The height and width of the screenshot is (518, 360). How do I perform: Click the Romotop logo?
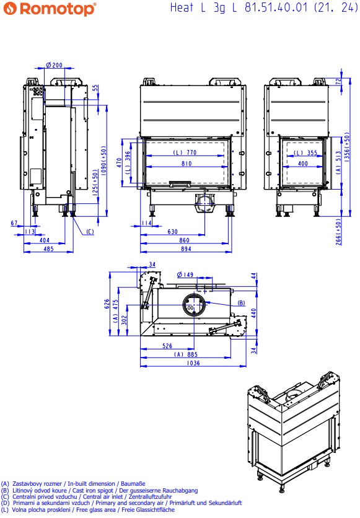[50, 9]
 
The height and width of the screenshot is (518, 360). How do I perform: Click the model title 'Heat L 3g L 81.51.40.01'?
[239, 7]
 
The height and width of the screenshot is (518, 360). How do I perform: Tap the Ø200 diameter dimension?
[54, 65]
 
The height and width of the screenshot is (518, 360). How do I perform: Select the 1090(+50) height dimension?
[104, 160]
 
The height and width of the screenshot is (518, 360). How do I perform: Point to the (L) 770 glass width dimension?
[185, 152]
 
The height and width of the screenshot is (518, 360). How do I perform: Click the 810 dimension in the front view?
[187, 164]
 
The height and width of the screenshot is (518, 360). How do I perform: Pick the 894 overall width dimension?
[186, 248]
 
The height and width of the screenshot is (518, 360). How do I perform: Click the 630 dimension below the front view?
[172, 232]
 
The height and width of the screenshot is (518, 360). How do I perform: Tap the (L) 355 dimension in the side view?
[306, 152]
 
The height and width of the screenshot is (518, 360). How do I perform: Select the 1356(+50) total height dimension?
[347, 147]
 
